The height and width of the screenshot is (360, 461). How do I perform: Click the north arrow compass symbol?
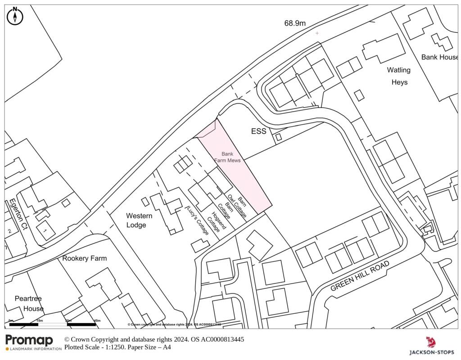[15, 17]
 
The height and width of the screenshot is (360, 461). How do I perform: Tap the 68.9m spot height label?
[295, 23]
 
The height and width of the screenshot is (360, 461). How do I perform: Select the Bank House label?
[439, 57]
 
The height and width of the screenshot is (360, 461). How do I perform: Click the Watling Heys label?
[399, 76]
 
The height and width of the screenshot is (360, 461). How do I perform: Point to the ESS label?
[258, 132]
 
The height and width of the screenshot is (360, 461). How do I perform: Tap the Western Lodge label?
[139, 220]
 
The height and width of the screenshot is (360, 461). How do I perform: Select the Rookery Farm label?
[85, 258]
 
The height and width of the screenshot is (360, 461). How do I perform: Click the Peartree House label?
[29, 303]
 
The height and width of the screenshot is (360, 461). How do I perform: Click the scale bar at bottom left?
[52, 324]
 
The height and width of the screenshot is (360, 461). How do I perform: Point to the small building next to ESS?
[279, 137]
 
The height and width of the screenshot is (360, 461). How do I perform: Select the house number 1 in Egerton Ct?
[45, 229]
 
